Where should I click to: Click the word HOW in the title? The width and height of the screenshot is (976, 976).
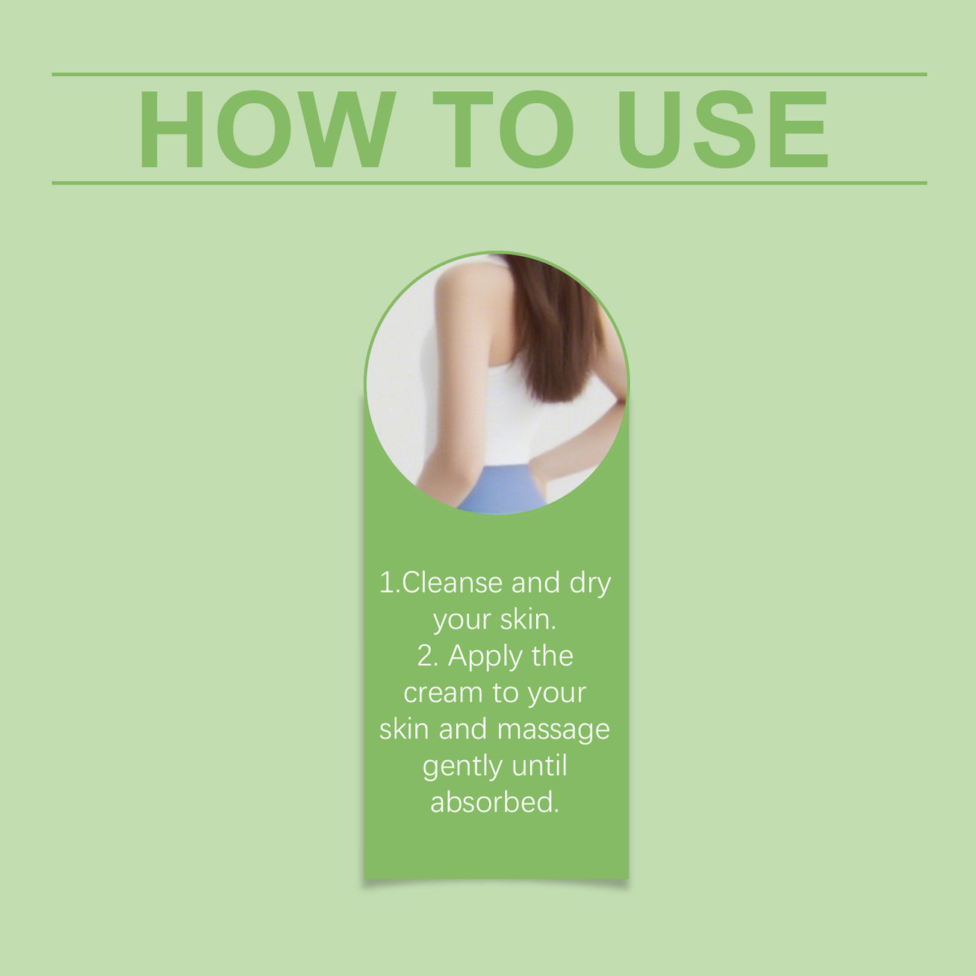[267, 129]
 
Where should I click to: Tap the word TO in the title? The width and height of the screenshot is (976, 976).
[503, 129]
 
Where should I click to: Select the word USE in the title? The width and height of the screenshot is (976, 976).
[723, 129]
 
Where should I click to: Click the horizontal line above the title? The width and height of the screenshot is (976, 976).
[489, 75]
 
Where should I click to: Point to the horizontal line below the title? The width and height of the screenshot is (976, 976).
[489, 183]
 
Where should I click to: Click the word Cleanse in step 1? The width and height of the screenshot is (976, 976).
[452, 583]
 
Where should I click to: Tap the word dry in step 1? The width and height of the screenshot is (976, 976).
[590, 585]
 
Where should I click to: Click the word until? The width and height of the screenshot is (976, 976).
[539, 765]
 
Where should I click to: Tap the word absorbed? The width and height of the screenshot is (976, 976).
[494, 802]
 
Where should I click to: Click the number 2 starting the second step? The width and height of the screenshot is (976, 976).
[424, 657]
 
